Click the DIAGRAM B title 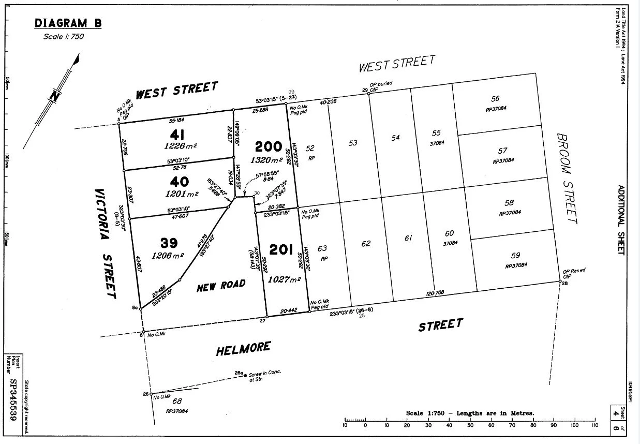(x=68, y=23)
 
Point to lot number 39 (x=169, y=243)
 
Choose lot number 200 (x=269, y=147)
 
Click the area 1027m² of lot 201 (x=285, y=279)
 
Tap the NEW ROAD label (x=221, y=286)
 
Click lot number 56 (x=495, y=99)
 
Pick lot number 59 (x=515, y=255)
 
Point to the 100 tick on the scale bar (x=574, y=425)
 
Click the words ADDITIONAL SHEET (x=621, y=219)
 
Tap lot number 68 (x=177, y=401)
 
